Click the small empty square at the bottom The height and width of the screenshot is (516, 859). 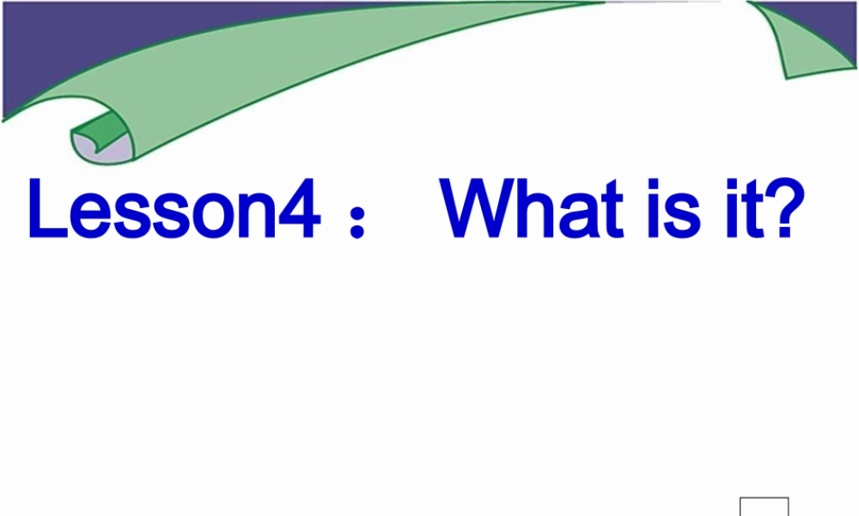click(x=764, y=507)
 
